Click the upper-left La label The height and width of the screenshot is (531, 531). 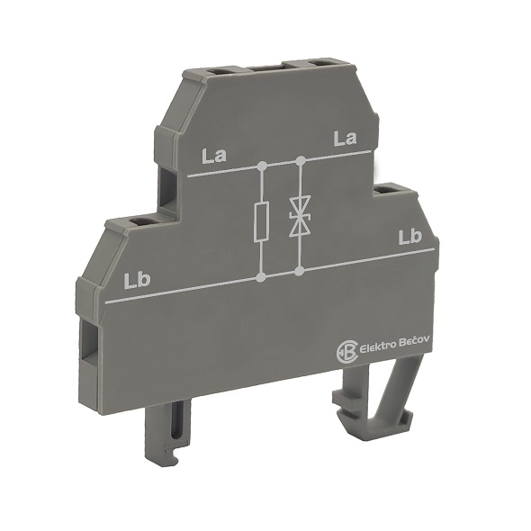[x=214, y=156]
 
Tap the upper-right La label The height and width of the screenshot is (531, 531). [x=345, y=139]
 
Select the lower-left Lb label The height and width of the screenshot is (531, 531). [x=137, y=281]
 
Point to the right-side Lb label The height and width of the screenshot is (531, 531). [x=410, y=237]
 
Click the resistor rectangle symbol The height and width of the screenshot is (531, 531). [x=262, y=221]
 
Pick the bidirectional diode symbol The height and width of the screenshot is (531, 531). [x=300, y=217]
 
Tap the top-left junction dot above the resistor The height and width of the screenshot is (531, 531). [x=262, y=166]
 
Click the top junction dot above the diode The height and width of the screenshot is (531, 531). [x=301, y=160]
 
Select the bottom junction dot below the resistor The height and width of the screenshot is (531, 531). [x=260, y=278]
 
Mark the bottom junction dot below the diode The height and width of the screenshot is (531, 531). [x=299, y=271]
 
